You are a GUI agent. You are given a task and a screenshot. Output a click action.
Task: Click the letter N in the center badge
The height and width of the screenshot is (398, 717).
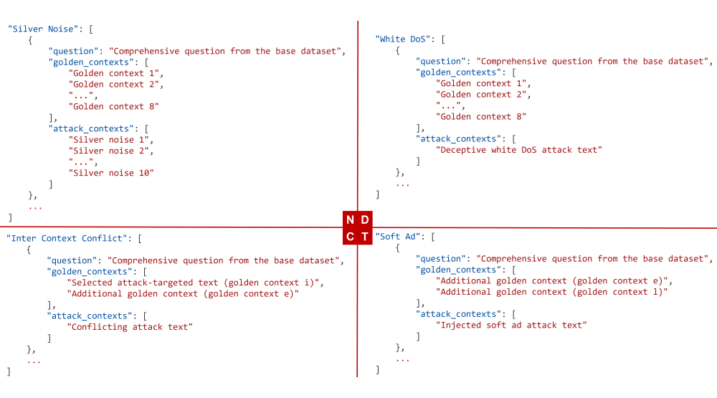pyautogui.click(x=350, y=219)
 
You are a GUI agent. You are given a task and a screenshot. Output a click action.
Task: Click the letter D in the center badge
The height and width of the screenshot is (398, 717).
pyautogui.click(x=365, y=219)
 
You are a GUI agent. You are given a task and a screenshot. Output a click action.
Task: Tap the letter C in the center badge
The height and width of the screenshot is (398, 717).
pyautogui.click(x=350, y=237)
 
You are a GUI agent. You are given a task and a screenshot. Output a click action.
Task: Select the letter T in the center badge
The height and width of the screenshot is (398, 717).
pyautogui.click(x=365, y=237)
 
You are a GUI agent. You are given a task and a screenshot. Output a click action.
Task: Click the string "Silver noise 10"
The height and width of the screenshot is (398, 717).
pyautogui.click(x=111, y=173)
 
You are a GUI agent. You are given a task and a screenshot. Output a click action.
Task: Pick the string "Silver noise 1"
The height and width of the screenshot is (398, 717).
pyautogui.click(x=108, y=140)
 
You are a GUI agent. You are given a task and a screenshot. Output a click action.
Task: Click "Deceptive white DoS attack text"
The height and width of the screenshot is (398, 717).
pyautogui.click(x=519, y=150)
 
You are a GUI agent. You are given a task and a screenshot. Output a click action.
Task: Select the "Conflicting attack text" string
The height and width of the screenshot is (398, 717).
pyautogui.click(x=130, y=327)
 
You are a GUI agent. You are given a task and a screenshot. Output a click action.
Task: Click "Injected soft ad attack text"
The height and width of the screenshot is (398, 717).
pyautogui.click(x=511, y=325)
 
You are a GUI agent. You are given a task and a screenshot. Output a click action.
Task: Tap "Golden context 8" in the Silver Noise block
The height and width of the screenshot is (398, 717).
pyautogui.click(x=113, y=106)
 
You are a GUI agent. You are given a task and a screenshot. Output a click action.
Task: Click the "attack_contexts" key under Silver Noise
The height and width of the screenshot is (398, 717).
pyautogui.click(x=93, y=128)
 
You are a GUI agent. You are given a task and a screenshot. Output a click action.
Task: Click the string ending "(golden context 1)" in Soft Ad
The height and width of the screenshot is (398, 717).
pyautogui.click(x=552, y=292)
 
